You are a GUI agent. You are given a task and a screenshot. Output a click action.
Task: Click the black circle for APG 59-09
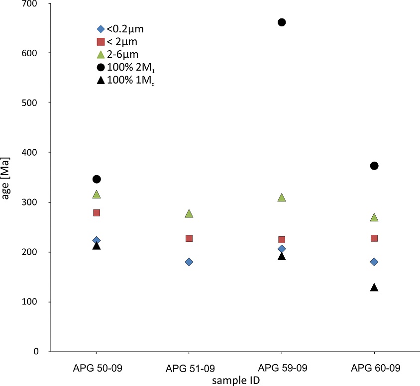click(282, 22)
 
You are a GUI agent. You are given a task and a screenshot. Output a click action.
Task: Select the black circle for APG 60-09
click(374, 166)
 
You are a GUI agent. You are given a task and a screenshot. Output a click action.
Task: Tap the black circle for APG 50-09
click(97, 179)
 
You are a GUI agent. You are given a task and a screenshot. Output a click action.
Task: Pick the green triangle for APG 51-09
click(189, 214)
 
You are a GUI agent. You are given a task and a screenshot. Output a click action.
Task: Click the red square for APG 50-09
click(97, 213)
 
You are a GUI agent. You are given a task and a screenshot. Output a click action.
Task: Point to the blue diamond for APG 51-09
click(189, 262)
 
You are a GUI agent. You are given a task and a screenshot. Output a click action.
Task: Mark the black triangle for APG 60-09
click(374, 288)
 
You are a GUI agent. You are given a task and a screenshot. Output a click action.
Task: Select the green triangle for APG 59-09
click(282, 198)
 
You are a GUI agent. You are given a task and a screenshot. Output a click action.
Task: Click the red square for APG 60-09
click(374, 238)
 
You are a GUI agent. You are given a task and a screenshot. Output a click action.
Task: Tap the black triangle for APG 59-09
click(282, 256)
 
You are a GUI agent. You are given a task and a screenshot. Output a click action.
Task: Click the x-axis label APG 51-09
click(189, 369)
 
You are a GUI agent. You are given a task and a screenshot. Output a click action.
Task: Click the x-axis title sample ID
click(235, 380)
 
